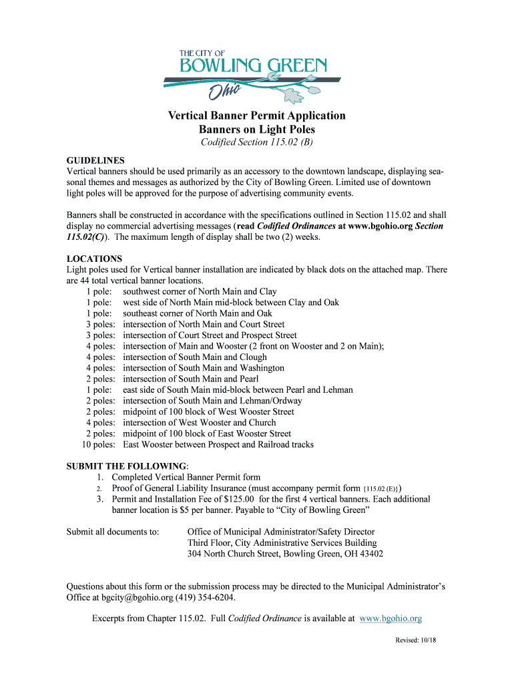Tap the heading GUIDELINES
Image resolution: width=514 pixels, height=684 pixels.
pos(95,161)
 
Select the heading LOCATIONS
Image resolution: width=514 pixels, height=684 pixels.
pos(94,259)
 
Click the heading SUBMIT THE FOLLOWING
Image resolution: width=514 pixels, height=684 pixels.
pos(127,466)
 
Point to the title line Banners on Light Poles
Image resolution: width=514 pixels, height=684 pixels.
pos(256,130)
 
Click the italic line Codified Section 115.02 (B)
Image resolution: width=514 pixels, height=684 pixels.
pos(257,144)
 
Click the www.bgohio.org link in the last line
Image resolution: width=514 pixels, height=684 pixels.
pos(391,619)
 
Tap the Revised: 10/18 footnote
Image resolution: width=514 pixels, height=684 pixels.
pos(415,641)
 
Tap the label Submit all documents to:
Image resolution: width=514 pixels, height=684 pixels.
pos(113,532)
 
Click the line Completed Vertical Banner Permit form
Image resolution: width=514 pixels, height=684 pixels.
pos(186,477)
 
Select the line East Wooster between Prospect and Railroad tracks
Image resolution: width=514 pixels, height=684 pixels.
pos(218,444)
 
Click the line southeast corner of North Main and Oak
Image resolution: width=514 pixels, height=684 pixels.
pos(198,313)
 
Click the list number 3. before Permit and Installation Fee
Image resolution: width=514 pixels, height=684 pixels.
pos(99,499)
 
